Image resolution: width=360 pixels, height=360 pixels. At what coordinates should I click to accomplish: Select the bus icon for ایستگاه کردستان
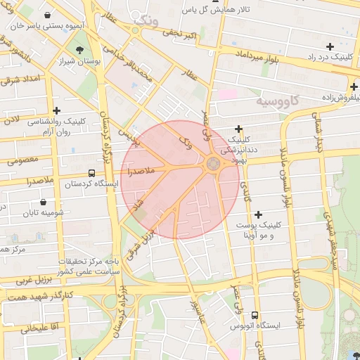(x=91, y=173)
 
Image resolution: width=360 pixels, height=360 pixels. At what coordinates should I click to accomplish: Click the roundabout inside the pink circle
(x=213, y=165)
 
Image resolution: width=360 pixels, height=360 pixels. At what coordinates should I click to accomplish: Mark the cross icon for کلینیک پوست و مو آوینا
(x=259, y=214)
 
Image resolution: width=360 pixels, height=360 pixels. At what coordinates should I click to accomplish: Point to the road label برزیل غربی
(x=21, y=280)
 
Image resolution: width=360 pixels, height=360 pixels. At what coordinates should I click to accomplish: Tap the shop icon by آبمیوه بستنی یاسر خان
(x=46, y=15)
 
